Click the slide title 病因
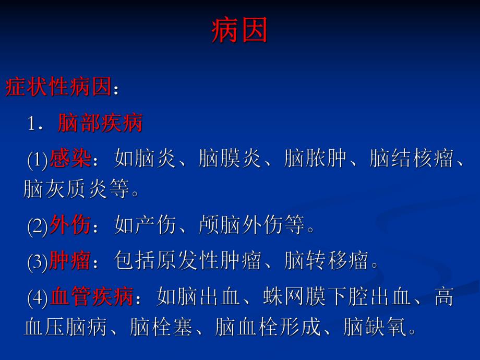239,31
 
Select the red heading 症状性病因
58,88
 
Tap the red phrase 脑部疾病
100,124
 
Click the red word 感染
70,159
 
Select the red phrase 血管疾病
92,298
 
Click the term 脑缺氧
375,328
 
